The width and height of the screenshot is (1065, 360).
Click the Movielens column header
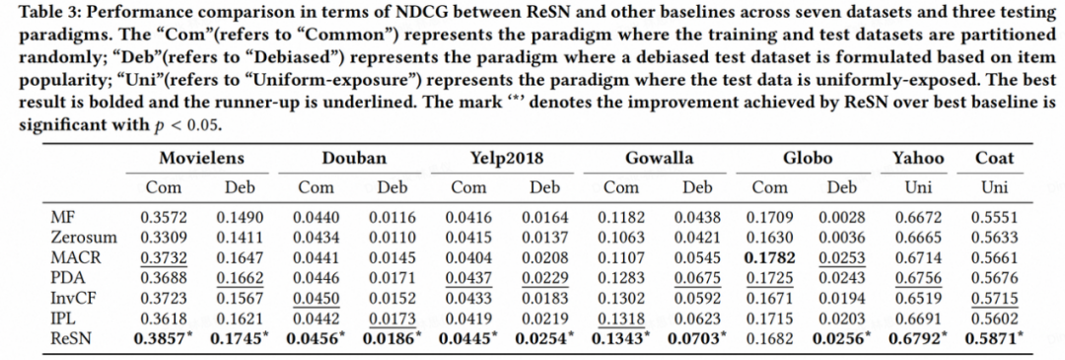pos(201,159)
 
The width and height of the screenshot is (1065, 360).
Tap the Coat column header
pos(994,159)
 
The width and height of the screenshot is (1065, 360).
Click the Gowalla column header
pos(660,159)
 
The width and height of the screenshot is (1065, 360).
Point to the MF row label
pos(60,217)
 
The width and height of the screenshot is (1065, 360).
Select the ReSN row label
pos(69,338)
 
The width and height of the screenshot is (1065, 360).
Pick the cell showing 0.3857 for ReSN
pos(166,338)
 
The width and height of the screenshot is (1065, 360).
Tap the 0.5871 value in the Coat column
pos(998,338)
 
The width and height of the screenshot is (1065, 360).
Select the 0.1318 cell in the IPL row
pos(621,319)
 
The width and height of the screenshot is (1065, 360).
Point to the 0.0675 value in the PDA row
pos(696,278)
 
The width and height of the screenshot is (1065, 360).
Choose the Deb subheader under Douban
pos(391,187)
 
